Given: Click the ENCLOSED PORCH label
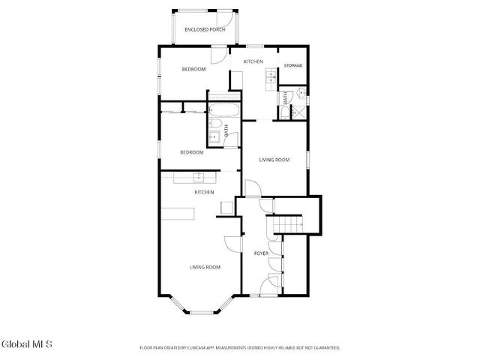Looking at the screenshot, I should coord(205,29).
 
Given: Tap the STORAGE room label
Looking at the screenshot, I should coord(292,65).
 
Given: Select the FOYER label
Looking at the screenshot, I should coord(261,253).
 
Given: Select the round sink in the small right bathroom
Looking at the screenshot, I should coord(299,94).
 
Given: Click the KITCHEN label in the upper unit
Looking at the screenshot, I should coord(253,61).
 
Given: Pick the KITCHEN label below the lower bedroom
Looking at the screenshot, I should coord(205,192).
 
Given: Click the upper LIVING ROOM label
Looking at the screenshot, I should coord(274,160).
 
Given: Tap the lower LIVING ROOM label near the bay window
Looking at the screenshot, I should coord(205,267).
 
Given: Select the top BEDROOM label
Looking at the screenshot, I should coord(193,69).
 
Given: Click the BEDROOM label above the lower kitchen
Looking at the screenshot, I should coord(191,152).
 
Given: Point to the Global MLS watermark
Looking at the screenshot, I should coord(27,344).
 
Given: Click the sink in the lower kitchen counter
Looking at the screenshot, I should coord(199,178).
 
